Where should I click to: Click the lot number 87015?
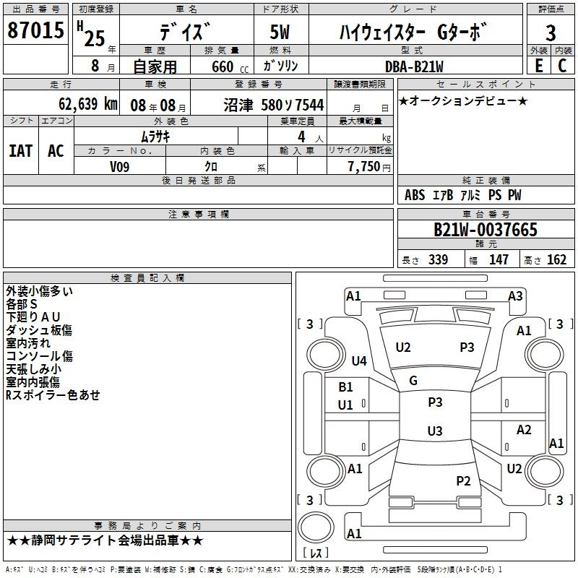point(35,30)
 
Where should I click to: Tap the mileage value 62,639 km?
point(88,104)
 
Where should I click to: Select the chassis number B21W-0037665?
point(486,230)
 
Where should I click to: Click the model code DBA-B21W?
point(414,66)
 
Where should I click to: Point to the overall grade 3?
point(551,33)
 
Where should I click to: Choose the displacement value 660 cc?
point(230,66)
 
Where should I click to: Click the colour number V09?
point(119,167)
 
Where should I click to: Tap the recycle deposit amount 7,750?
point(364,166)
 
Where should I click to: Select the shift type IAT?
point(21,151)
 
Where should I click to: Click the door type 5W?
point(280,32)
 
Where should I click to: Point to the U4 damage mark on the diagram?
point(359,361)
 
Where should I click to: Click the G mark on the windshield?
point(413,381)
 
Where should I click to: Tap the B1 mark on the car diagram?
point(345,387)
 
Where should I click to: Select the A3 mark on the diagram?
point(515,296)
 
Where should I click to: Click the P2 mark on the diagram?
point(463,480)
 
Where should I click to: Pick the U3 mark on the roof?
point(435,431)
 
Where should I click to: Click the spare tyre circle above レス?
point(316,527)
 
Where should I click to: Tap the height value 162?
point(556,259)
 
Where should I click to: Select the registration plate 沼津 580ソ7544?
point(274,105)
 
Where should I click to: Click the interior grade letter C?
point(562,66)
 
